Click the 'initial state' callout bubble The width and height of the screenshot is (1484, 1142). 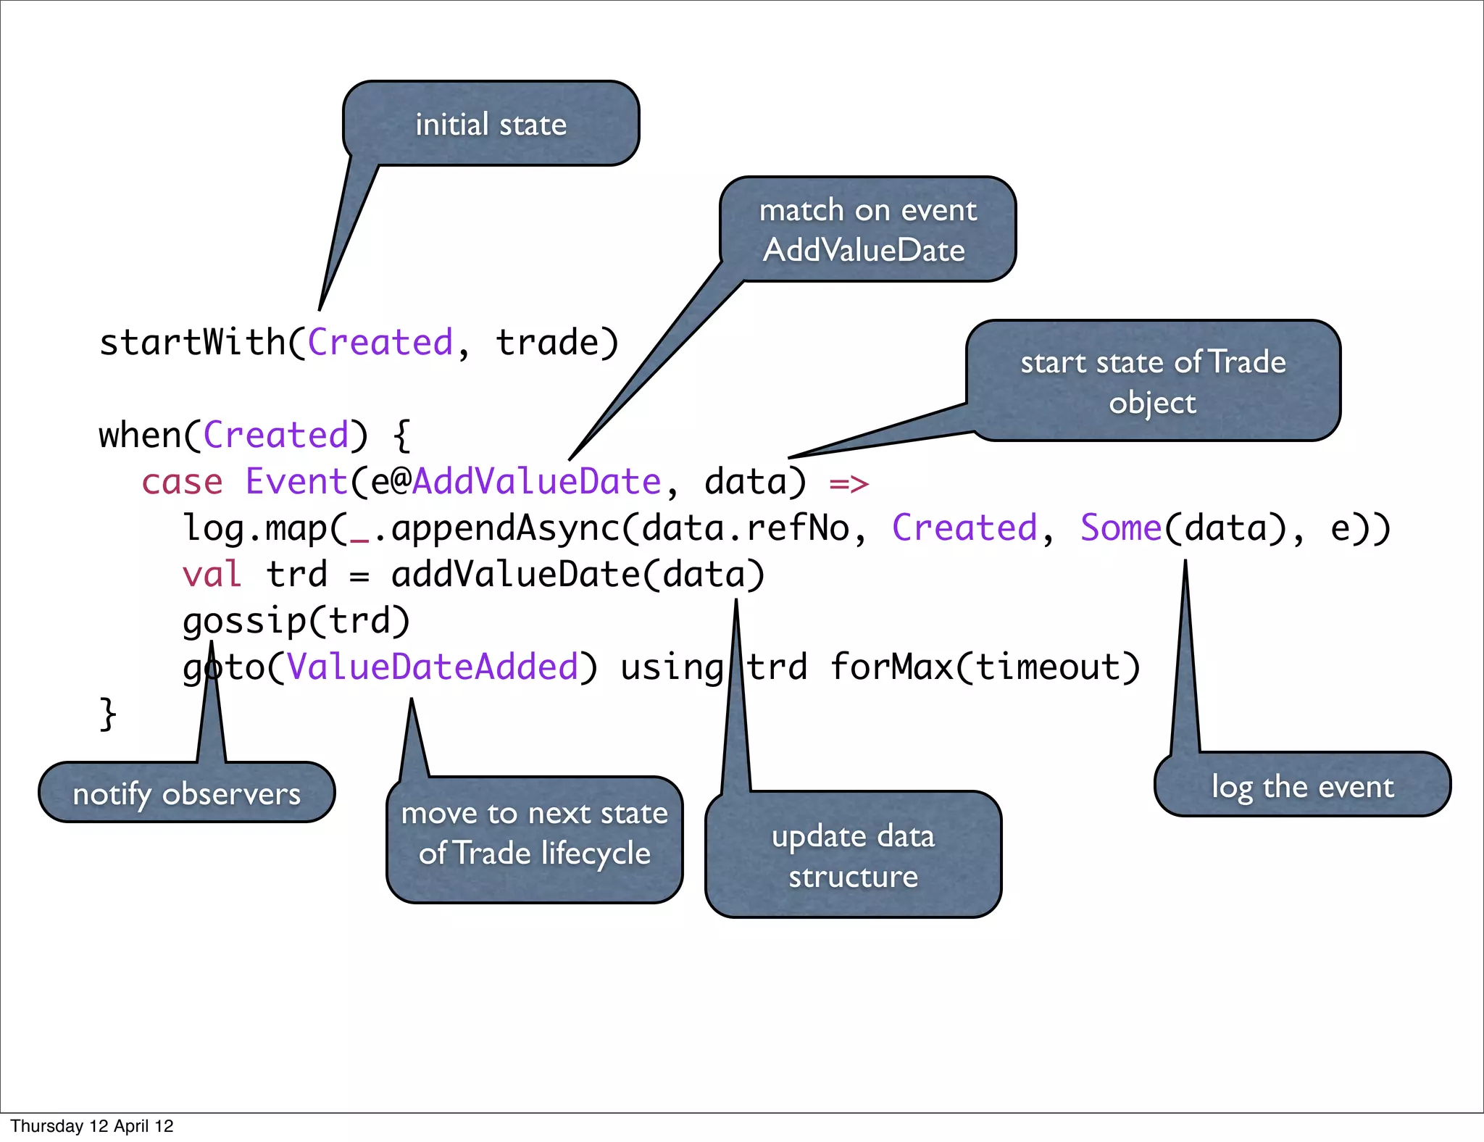pos(491,124)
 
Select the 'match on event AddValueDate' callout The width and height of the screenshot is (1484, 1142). pos(867,230)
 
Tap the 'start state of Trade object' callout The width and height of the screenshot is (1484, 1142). pos(1153,381)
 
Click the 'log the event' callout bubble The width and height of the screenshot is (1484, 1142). pos(1302,786)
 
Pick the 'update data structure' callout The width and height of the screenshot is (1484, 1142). pos(853,856)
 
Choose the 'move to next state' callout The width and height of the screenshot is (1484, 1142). pos(534,834)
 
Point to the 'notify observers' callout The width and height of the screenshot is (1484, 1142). pos(186,793)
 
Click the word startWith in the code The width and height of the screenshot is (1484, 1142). pos(192,342)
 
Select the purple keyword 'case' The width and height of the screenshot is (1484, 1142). pos(182,482)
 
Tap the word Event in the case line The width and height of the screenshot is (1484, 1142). pos(296,482)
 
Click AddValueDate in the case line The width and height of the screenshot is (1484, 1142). pos(536,482)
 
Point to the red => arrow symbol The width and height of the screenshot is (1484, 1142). pos(849,483)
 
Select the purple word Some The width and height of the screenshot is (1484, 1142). pos(1120,528)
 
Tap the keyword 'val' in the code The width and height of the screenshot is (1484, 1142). pos(211,575)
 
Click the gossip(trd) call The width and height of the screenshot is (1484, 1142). pos(296,621)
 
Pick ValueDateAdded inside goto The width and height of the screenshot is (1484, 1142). pos(433,667)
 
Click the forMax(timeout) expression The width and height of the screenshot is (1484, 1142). pos(985,667)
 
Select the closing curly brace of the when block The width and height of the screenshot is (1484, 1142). pos(108,714)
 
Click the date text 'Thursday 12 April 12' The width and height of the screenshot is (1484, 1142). pos(92,1126)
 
